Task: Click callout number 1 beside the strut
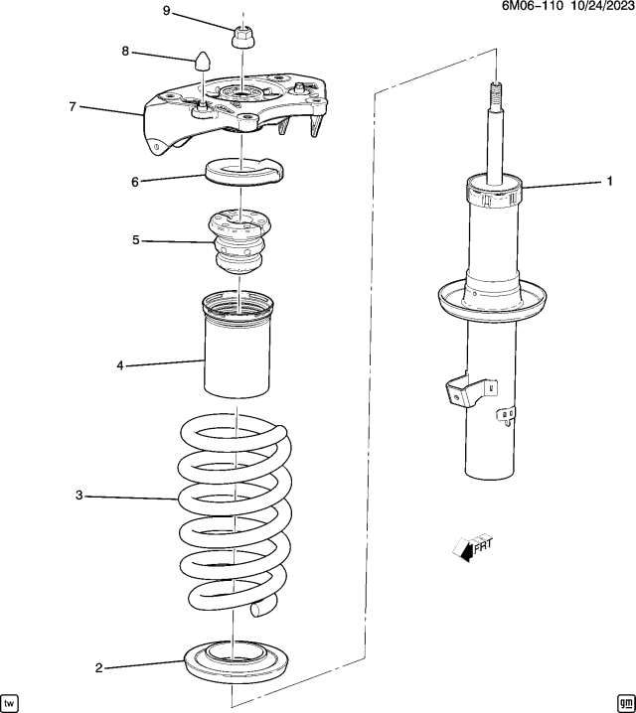(610, 182)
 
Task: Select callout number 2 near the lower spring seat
(98, 668)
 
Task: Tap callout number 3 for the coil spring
(79, 495)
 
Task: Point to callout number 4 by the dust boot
(119, 366)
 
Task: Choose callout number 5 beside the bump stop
(137, 239)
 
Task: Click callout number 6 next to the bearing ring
(135, 181)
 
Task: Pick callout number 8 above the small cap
(125, 51)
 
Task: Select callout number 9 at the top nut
(166, 11)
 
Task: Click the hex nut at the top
(242, 38)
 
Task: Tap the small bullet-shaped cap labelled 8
(204, 59)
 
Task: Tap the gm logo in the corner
(624, 700)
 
